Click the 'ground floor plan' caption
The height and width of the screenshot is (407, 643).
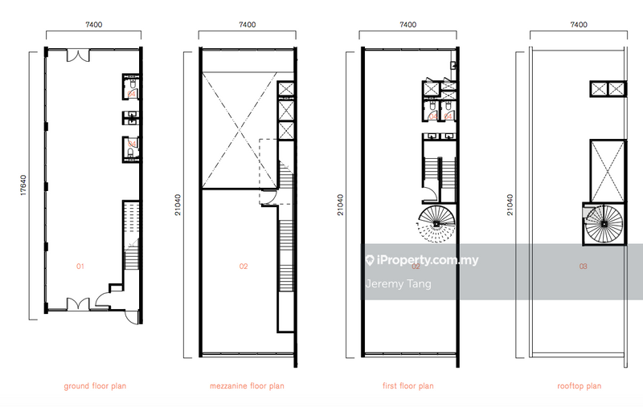(x=95, y=385)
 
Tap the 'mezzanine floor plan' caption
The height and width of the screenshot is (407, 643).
(x=247, y=385)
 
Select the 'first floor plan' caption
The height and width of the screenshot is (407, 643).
(x=408, y=385)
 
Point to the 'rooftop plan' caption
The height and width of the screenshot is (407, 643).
(x=579, y=385)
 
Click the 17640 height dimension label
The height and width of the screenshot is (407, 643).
(x=23, y=185)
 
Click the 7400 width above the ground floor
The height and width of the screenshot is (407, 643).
(x=93, y=25)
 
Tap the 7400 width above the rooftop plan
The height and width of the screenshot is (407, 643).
(x=579, y=25)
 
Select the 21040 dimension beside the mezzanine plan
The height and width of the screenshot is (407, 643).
(x=178, y=205)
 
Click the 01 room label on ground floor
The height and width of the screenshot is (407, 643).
(x=80, y=267)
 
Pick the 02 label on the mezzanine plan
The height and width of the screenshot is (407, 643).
(x=244, y=267)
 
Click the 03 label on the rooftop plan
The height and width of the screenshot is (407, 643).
(x=584, y=267)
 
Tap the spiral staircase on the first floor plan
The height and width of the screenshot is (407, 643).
(x=436, y=223)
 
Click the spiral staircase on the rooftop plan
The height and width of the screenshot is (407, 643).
(x=604, y=224)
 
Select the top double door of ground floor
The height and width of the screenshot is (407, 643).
(x=78, y=55)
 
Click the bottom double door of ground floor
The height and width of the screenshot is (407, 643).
(x=78, y=303)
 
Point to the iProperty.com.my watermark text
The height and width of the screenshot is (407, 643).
(x=423, y=260)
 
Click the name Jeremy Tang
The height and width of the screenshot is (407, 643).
(x=398, y=283)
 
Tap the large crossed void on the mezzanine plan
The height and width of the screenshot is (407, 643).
(x=240, y=130)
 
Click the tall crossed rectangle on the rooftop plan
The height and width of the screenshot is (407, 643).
(x=608, y=171)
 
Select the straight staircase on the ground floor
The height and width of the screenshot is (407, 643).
(x=132, y=235)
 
